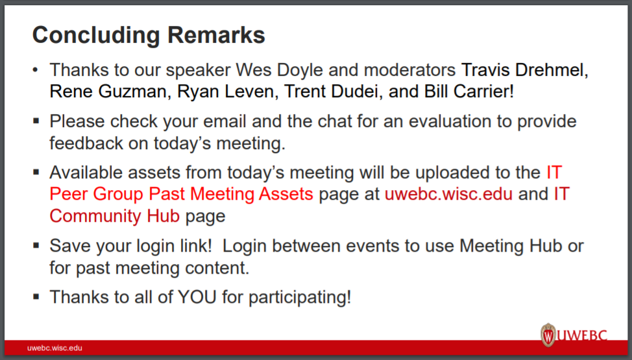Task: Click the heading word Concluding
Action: click(x=96, y=36)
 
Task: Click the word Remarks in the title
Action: click(x=216, y=34)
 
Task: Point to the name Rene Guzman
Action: click(x=106, y=91)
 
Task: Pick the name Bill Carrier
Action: click(x=468, y=91)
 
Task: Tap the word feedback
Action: click(x=86, y=143)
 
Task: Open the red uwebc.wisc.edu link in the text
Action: click(x=448, y=194)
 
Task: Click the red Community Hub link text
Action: click(x=114, y=217)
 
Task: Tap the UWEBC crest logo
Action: click(x=548, y=335)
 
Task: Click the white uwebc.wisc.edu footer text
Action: click(x=55, y=348)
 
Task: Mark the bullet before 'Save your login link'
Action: click(x=36, y=245)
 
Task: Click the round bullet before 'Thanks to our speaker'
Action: click(x=36, y=70)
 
